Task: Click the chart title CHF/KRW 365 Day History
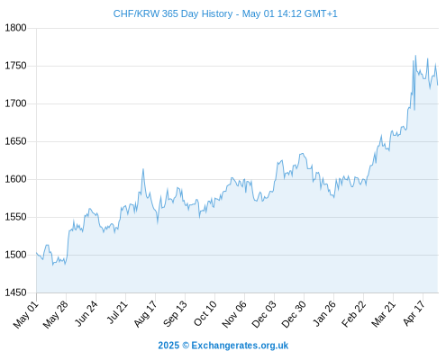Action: click(x=173, y=13)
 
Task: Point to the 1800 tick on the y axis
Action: click(x=15, y=28)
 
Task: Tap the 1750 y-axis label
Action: click(x=15, y=66)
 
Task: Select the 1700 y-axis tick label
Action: click(x=15, y=103)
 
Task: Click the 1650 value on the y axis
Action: click(x=15, y=141)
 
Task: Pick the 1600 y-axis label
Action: click(x=15, y=179)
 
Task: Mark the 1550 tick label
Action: click(x=15, y=217)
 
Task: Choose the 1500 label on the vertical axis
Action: click(x=15, y=255)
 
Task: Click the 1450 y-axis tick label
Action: click(x=15, y=292)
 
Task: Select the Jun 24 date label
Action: click(x=86, y=313)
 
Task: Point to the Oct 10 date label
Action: click(x=205, y=313)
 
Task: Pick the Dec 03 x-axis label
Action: click(x=264, y=314)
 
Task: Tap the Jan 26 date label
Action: click(x=324, y=313)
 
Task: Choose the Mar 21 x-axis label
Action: click(x=384, y=314)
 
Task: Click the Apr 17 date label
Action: click(x=414, y=313)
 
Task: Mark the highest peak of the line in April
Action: click(x=415, y=56)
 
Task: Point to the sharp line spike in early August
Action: click(x=143, y=169)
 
